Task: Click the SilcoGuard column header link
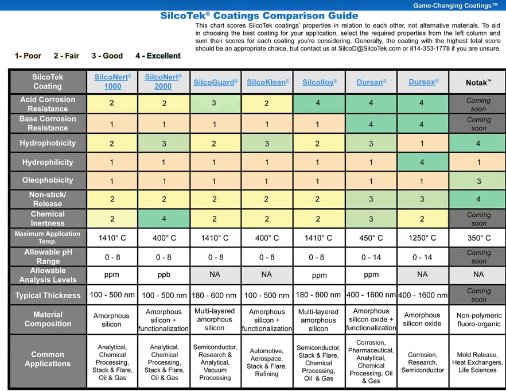tap(215, 83)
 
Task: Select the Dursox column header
tap(422, 82)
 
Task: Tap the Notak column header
tap(478, 83)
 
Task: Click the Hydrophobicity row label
tap(48, 143)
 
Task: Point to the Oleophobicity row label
tap(48, 180)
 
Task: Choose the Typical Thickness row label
tap(48, 295)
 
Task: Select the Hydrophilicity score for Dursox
tap(422, 162)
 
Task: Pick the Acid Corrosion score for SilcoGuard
tap(215, 103)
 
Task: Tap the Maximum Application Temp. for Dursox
tap(422, 238)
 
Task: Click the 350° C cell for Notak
tap(478, 238)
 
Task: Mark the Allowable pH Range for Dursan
tap(371, 257)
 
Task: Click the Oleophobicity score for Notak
tap(478, 181)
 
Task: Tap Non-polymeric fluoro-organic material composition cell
tap(478, 320)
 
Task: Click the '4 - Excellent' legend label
tap(158, 56)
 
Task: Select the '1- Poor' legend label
tap(28, 56)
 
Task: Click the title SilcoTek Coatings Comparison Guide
tap(259, 16)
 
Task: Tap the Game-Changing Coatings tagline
tap(456, 6)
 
